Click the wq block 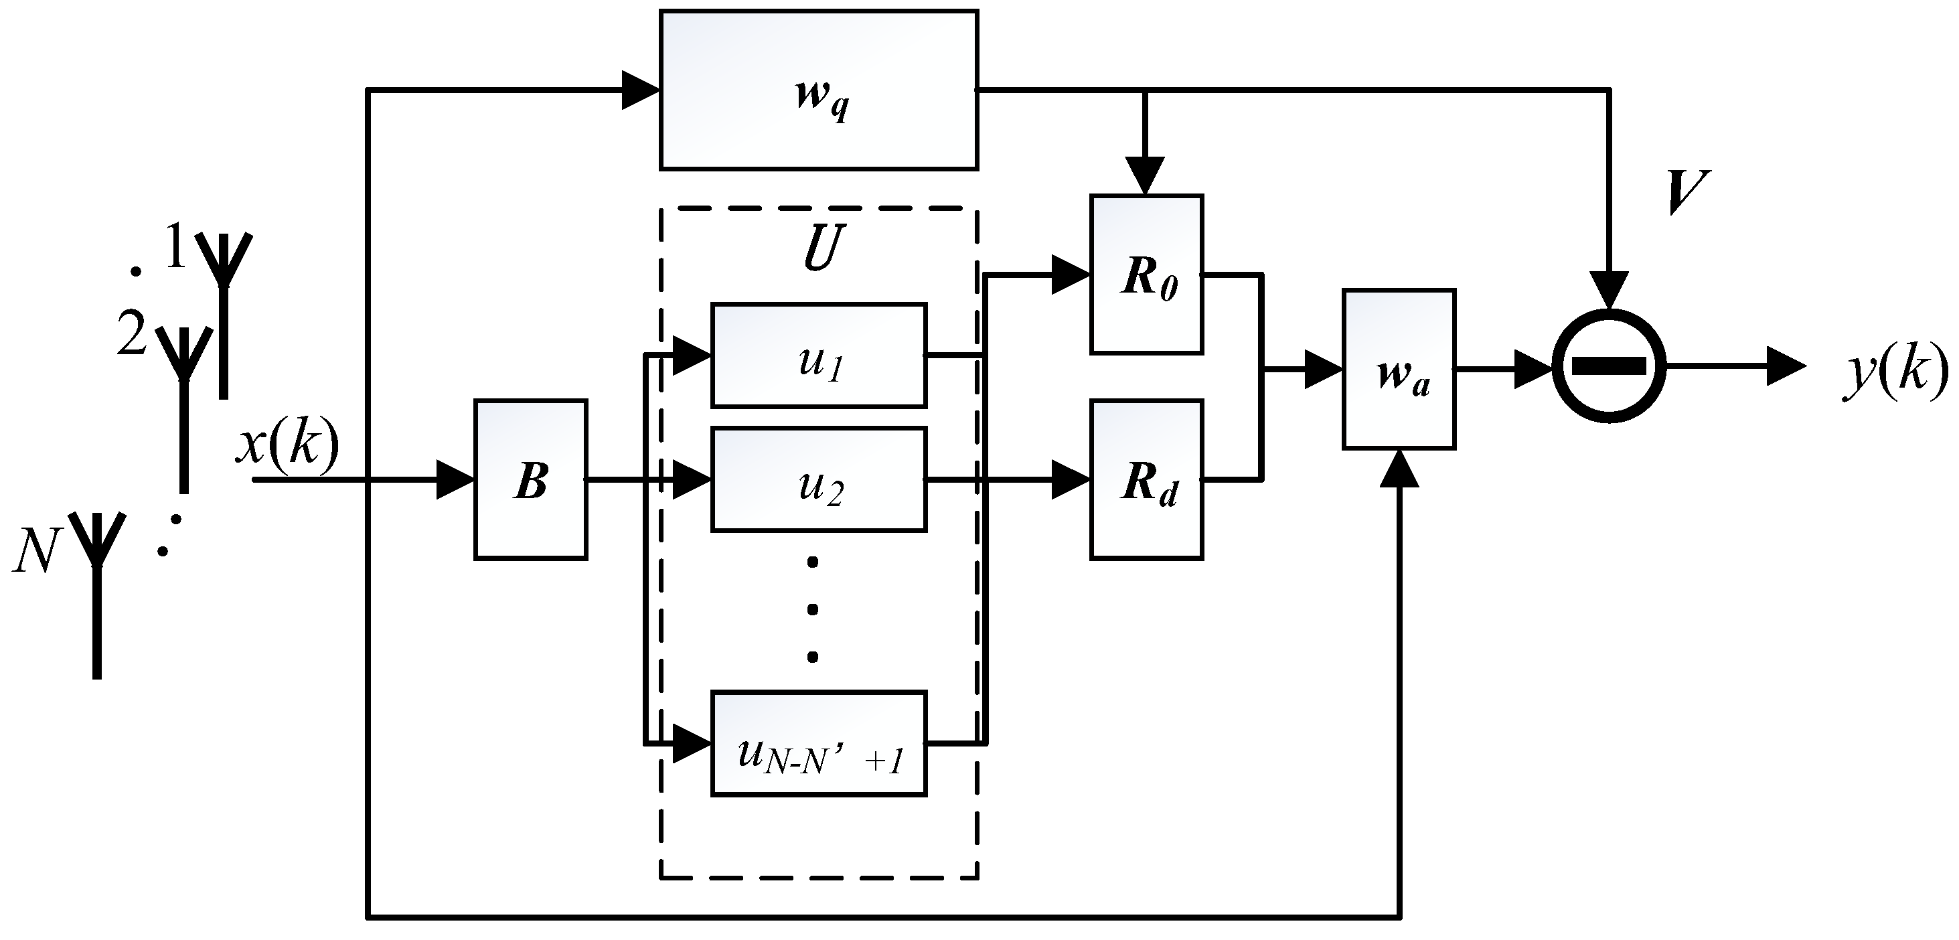pos(818,90)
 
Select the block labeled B pos(530,480)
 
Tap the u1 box pos(818,355)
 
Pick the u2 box pos(818,480)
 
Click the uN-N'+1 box pos(818,743)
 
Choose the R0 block pos(1146,275)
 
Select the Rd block pos(1146,480)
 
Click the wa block pos(1399,370)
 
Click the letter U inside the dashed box pos(824,248)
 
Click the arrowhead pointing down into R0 pos(1146,175)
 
